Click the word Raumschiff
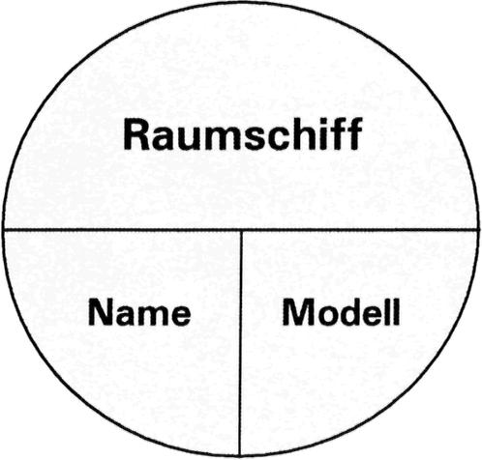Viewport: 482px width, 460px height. (x=243, y=134)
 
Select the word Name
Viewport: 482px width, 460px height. (x=139, y=311)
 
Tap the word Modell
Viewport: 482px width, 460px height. (x=341, y=311)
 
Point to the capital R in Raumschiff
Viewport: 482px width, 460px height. (x=137, y=134)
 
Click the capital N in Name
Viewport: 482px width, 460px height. (x=101, y=311)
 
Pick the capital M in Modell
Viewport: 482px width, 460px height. (x=297, y=311)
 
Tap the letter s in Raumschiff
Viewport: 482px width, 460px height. (x=256, y=138)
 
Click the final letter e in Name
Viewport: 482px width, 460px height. (x=179, y=315)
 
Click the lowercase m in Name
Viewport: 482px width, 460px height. (x=150, y=314)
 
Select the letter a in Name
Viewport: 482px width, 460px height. (x=126, y=315)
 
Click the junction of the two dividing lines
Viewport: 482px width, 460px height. (x=241, y=230)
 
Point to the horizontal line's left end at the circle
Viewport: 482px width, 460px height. (x=3, y=230)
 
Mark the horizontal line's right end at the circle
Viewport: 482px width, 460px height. (x=478, y=230)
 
